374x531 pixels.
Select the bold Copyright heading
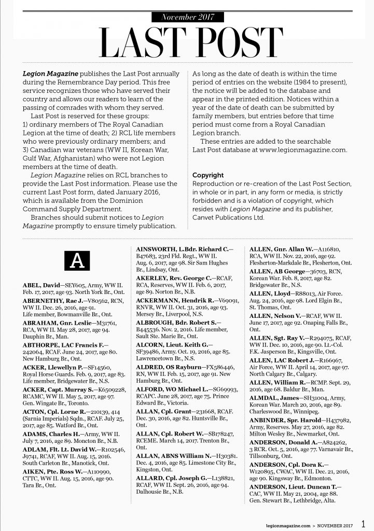tap(208, 175)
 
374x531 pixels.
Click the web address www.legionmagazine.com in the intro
tap(304, 150)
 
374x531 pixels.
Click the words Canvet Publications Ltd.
tap(228, 217)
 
